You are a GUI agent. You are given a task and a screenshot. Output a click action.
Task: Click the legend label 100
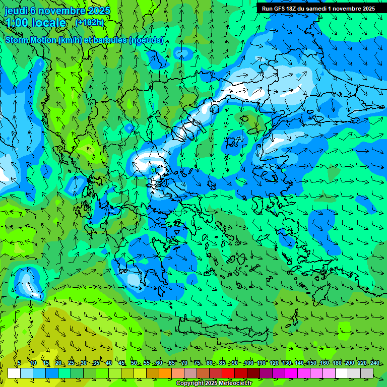coord(248,363)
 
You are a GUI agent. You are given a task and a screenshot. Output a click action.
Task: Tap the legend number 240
coord(375,363)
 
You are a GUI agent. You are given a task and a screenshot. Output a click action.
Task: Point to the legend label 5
coord(19,363)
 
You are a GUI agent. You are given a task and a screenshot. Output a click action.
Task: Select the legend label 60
coord(159,363)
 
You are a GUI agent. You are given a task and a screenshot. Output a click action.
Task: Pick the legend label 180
coord(337,363)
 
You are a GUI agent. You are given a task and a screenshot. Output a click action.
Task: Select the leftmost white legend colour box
coord(14,373)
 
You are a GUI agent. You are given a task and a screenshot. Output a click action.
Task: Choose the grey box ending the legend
coord(367,373)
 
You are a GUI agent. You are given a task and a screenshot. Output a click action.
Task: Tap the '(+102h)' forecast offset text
coord(90,22)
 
